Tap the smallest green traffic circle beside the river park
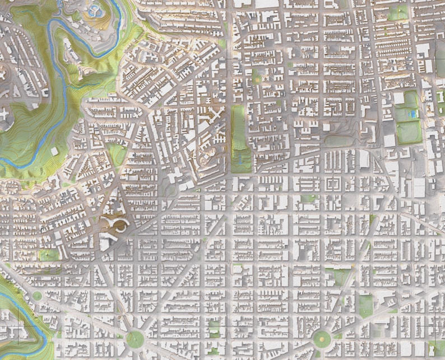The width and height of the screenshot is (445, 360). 37,296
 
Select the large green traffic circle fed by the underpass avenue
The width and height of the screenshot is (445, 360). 135,338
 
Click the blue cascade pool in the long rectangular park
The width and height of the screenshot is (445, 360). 241,160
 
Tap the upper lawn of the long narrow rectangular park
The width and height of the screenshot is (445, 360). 239,120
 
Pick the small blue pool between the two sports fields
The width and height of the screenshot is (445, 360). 413,114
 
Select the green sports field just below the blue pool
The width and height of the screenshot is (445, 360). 409,132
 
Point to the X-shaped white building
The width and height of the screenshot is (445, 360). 215,116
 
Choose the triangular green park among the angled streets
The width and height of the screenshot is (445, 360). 117,153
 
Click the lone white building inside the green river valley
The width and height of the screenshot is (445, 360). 54,151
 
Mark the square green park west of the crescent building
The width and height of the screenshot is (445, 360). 49,254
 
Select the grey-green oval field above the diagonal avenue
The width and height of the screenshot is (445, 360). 337,140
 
